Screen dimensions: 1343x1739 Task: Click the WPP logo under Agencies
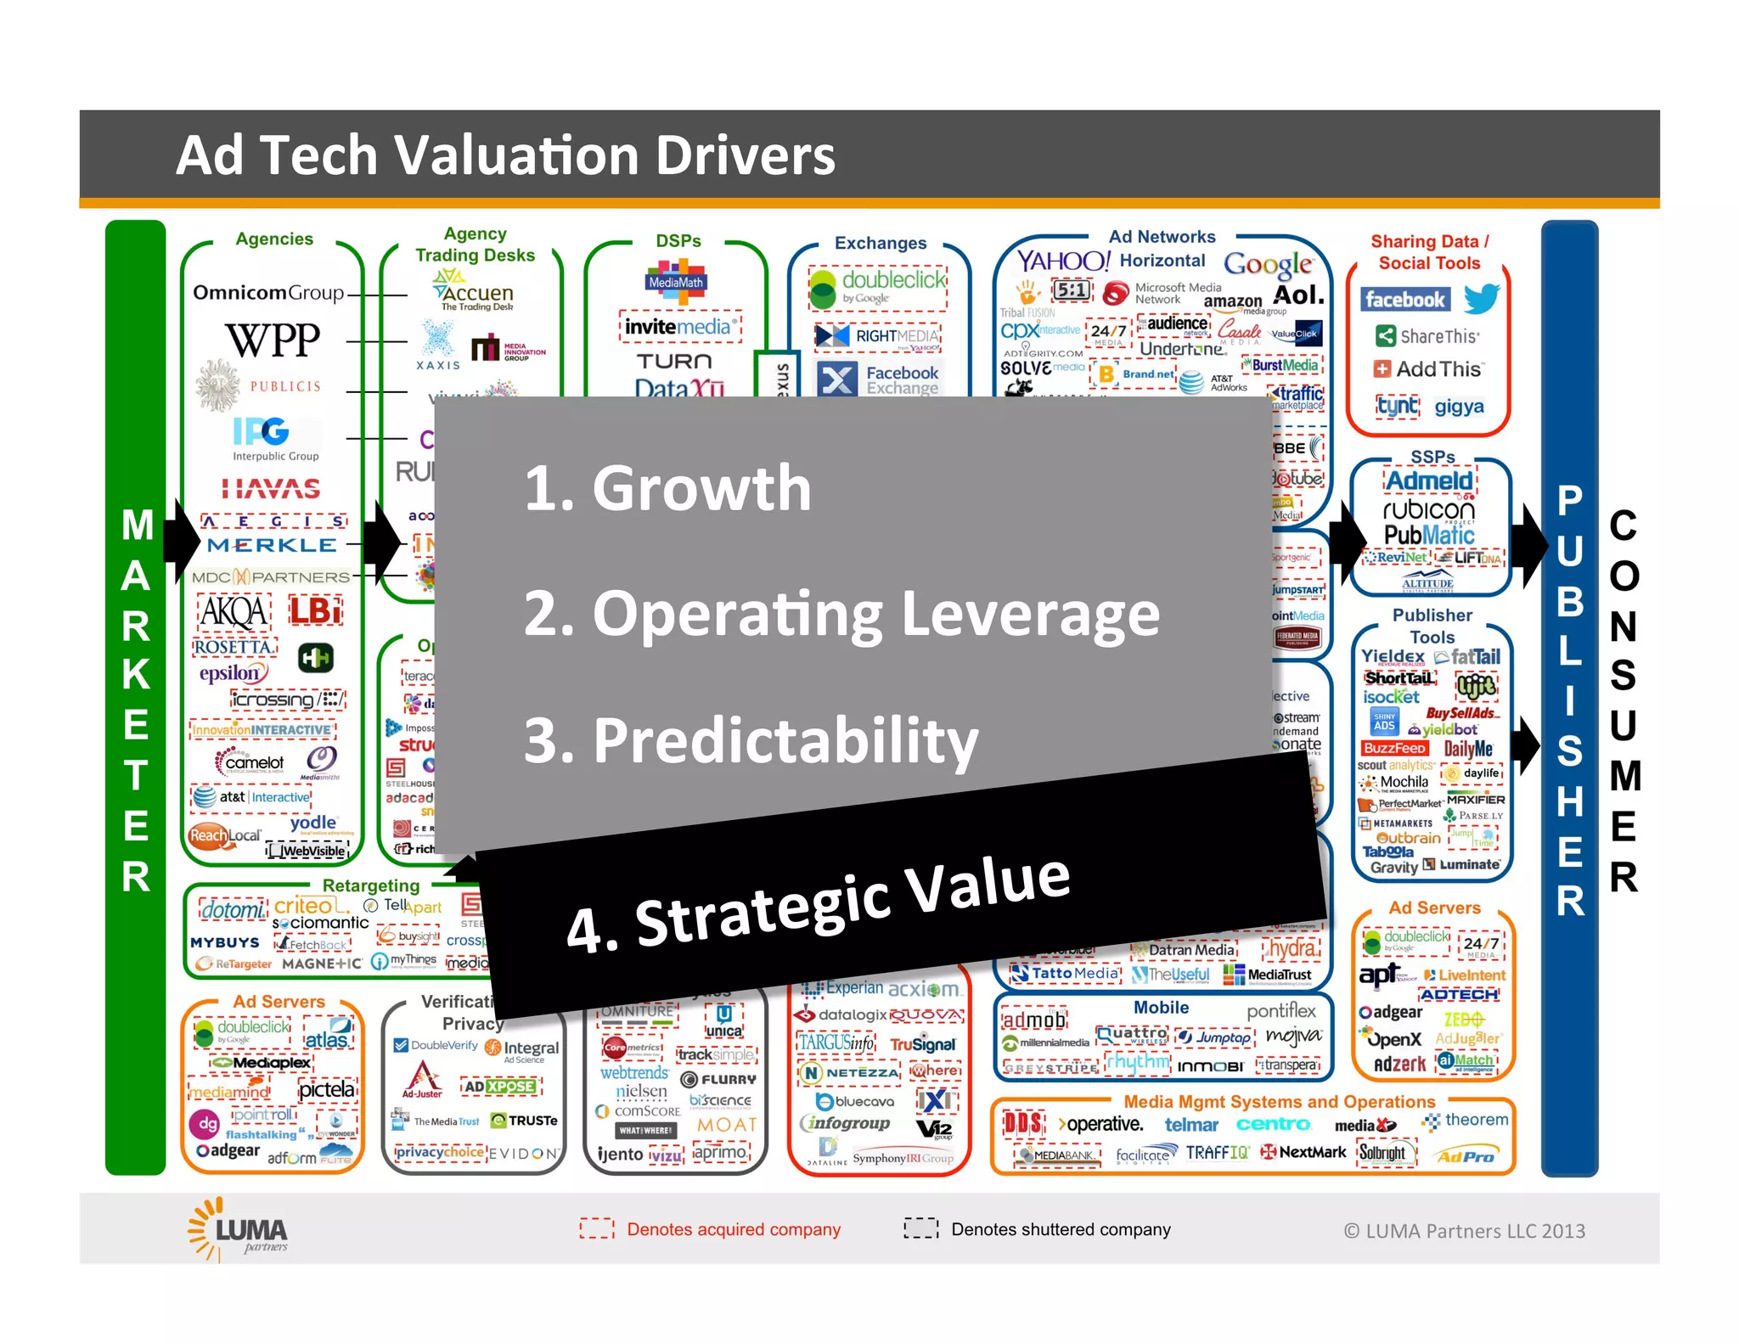point(273,340)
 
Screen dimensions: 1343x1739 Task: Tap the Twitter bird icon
point(1482,298)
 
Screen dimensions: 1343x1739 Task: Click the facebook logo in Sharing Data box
point(1404,299)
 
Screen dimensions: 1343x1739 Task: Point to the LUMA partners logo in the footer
point(239,1228)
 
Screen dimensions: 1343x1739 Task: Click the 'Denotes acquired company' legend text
point(733,1228)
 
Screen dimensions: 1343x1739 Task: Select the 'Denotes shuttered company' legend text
point(1060,1228)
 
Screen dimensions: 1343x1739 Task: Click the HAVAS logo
point(271,488)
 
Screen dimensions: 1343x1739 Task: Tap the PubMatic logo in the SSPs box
point(1429,535)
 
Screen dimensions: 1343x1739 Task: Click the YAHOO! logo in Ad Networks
point(1063,261)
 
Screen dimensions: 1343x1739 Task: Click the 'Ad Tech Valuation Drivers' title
point(505,155)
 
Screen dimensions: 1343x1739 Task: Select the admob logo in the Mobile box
point(1033,1020)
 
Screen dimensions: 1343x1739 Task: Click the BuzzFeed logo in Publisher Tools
point(1394,748)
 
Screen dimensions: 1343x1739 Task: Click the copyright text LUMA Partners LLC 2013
point(1464,1230)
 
